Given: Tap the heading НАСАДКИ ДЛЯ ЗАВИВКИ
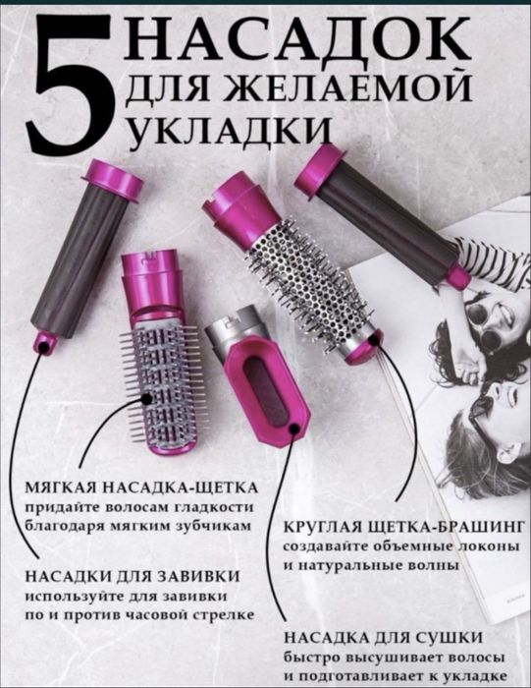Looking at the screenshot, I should point(132,575).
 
